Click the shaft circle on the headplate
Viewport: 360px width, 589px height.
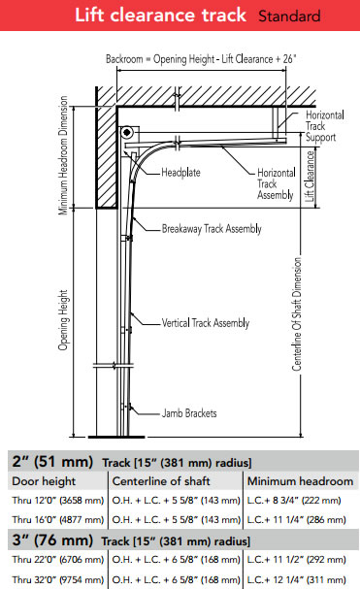[x=127, y=133]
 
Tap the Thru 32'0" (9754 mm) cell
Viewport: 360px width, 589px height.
[x=54, y=579]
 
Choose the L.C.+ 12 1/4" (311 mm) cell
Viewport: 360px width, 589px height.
[x=301, y=579]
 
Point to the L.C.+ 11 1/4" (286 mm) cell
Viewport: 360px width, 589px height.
[x=301, y=520]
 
